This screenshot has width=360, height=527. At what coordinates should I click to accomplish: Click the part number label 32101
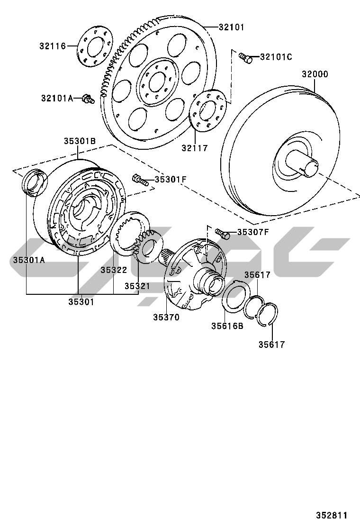tap(231, 27)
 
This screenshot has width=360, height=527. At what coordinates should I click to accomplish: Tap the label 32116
tap(53, 46)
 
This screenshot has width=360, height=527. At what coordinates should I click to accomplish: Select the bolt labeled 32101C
tap(245, 58)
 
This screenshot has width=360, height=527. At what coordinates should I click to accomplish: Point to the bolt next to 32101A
tap(88, 99)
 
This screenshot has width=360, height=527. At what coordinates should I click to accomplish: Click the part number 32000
tap(315, 74)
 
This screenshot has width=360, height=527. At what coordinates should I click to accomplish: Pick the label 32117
tap(195, 147)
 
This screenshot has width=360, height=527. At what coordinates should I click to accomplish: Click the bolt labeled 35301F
tap(140, 180)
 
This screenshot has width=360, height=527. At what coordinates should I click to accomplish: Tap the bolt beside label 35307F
tap(222, 234)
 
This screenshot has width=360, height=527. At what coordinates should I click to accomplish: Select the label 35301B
tap(80, 141)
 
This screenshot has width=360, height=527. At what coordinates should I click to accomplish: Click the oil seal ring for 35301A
tap(34, 182)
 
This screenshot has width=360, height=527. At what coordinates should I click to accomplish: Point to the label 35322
tap(114, 270)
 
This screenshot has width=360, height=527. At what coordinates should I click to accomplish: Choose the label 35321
tap(137, 286)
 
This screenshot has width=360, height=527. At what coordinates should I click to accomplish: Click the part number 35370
tap(166, 317)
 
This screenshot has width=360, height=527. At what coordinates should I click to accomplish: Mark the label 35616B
tap(227, 326)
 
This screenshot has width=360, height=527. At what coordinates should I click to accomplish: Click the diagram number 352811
tap(332, 515)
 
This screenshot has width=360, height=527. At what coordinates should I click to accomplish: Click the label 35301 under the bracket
tap(81, 302)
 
